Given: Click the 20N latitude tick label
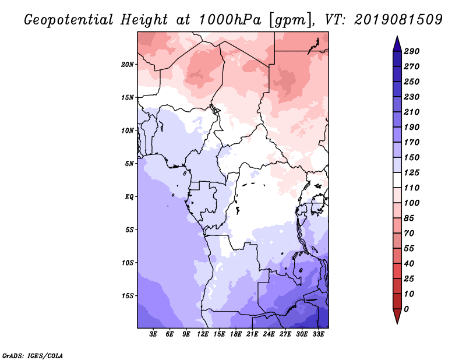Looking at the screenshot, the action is click(x=128, y=65).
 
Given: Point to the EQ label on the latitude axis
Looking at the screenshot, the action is click(x=129, y=197).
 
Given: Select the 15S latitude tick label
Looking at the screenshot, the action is click(x=128, y=296).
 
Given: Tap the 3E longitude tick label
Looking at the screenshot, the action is click(x=153, y=334).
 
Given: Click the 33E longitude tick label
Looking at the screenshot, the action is click(x=318, y=334).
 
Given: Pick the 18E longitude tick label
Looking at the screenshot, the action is click(x=236, y=334).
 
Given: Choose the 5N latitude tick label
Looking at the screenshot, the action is click(x=129, y=164).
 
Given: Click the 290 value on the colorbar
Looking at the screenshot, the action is click(x=412, y=51).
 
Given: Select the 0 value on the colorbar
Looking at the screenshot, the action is click(x=406, y=309).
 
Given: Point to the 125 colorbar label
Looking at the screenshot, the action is click(x=412, y=172).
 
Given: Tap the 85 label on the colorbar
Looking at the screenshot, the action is click(x=409, y=218).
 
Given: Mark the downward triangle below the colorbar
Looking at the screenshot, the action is click(x=397, y=316).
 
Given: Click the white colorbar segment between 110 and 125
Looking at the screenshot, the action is click(x=397, y=180).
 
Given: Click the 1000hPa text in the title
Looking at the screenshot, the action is click(x=230, y=20).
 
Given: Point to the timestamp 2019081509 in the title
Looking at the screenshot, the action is click(x=398, y=20).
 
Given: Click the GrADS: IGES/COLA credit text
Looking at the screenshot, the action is click(x=33, y=355).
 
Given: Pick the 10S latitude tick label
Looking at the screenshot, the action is click(x=128, y=263).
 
